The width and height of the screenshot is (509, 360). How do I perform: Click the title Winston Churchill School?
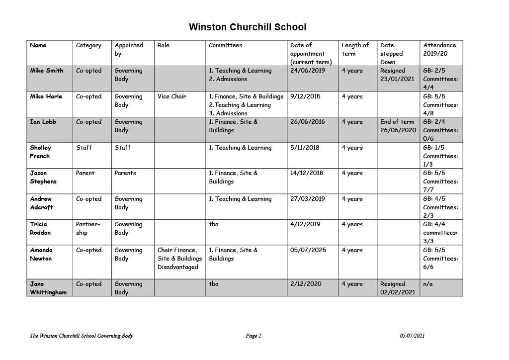pyautogui.click(x=247, y=27)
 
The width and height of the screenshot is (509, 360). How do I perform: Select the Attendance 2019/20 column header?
pyautogui.click(x=439, y=49)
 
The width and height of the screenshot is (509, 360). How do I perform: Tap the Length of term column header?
pyautogui.click(x=355, y=49)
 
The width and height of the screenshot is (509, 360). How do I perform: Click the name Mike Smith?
pyautogui.click(x=46, y=71)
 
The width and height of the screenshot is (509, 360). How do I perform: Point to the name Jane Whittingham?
pyautogui.click(x=48, y=288)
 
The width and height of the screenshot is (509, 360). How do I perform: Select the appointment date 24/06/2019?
pyautogui.click(x=307, y=71)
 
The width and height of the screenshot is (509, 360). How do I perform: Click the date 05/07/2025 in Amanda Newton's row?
pyautogui.click(x=308, y=250)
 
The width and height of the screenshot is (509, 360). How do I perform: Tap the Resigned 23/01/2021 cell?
pyautogui.click(x=397, y=75)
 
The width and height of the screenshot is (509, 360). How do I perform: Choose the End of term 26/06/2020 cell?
pyautogui.click(x=398, y=126)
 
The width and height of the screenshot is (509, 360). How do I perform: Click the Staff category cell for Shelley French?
pyautogui.click(x=84, y=148)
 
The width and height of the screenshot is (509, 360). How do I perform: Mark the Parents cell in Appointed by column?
pyautogui.click(x=125, y=173)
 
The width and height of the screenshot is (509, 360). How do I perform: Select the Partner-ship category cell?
pyautogui.click(x=87, y=228)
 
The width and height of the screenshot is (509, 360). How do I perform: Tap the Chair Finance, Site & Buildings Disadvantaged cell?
pyautogui.click(x=179, y=259)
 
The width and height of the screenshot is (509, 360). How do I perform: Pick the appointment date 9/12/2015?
pyautogui.click(x=305, y=96)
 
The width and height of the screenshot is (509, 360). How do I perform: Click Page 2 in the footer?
pyautogui.click(x=253, y=336)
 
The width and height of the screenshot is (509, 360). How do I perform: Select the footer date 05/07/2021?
pyautogui.click(x=412, y=336)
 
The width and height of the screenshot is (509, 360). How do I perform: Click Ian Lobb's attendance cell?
pyautogui.click(x=440, y=130)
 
